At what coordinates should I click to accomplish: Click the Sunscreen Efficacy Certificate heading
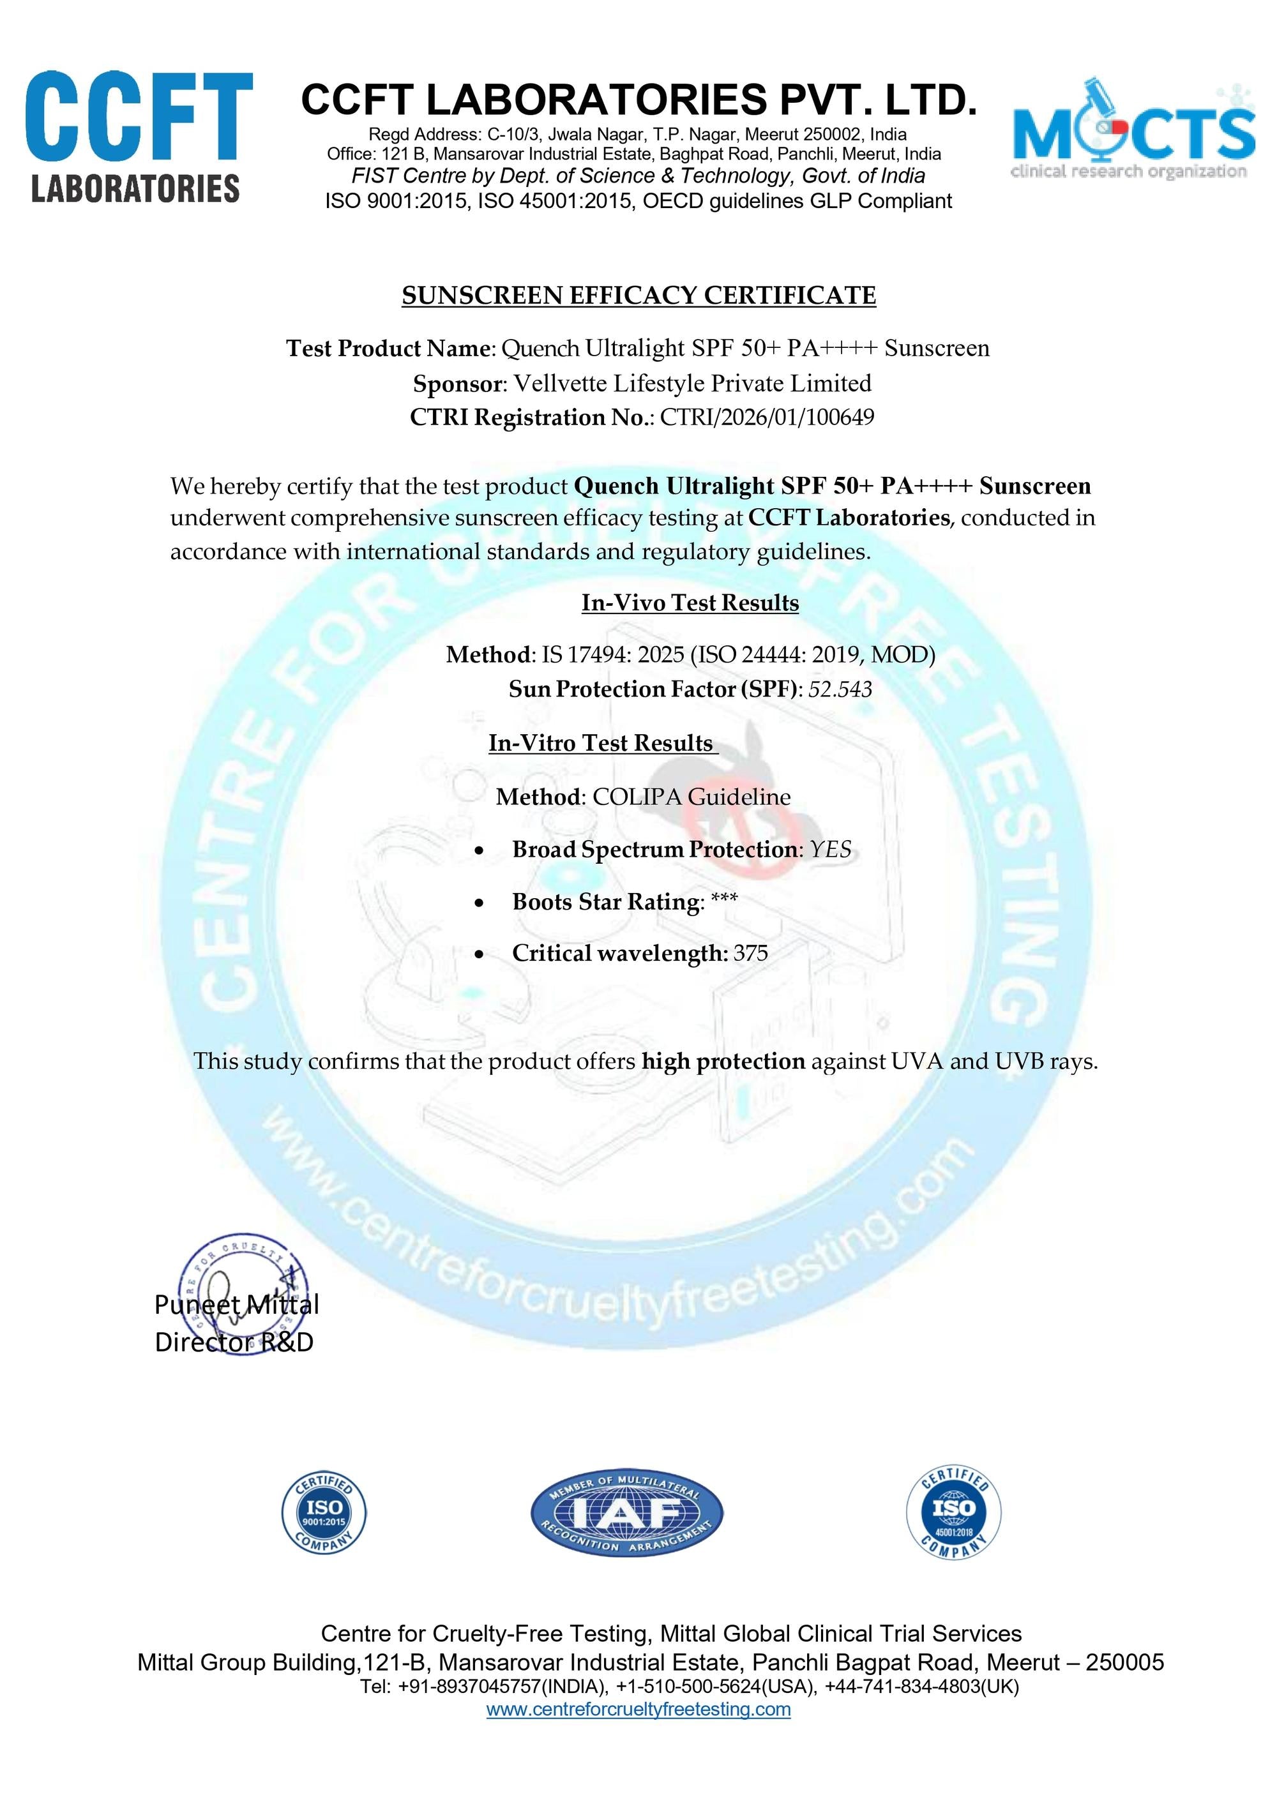coord(638,296)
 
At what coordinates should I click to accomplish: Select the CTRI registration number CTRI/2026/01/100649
coord(767,417)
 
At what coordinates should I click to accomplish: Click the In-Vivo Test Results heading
coord(690,603)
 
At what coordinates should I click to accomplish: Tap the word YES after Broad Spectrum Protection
coord(831,850)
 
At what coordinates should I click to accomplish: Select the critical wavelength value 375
coord(750,954)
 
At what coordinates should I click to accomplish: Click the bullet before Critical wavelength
coord(480,955)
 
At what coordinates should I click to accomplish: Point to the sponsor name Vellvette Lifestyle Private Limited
coord(692,384)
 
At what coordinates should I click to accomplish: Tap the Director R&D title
coord(234,1342)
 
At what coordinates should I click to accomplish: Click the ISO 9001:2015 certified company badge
coord(324,1513)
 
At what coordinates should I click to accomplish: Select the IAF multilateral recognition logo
coord(627,1513)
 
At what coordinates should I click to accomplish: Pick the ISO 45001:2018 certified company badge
coord(953,1513)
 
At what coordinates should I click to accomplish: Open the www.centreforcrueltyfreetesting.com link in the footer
coord(638,1709)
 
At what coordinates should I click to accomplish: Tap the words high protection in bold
coord(723,1062)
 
